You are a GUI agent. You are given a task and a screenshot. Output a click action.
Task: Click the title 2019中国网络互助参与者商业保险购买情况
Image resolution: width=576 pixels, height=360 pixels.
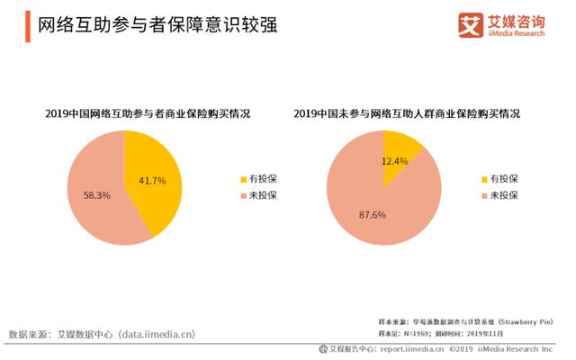coord(148,114)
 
